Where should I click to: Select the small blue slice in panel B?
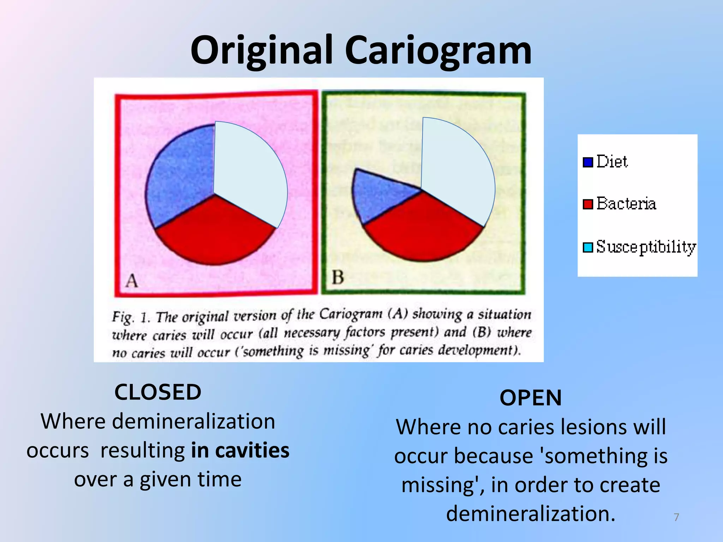point(378,194)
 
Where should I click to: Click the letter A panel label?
point(132,281)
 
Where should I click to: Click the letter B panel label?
point(338,277)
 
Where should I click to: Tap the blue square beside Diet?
point(588,162)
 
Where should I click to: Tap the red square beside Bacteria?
point(588,204)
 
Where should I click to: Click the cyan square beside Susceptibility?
point(588,247)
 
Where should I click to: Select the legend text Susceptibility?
point(646,247)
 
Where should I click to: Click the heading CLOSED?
point(158,392)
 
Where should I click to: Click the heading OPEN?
point(531,398)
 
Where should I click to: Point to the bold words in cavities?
point(240,451)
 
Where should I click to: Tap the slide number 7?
point(676,517)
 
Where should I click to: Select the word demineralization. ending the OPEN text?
point(531,513)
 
